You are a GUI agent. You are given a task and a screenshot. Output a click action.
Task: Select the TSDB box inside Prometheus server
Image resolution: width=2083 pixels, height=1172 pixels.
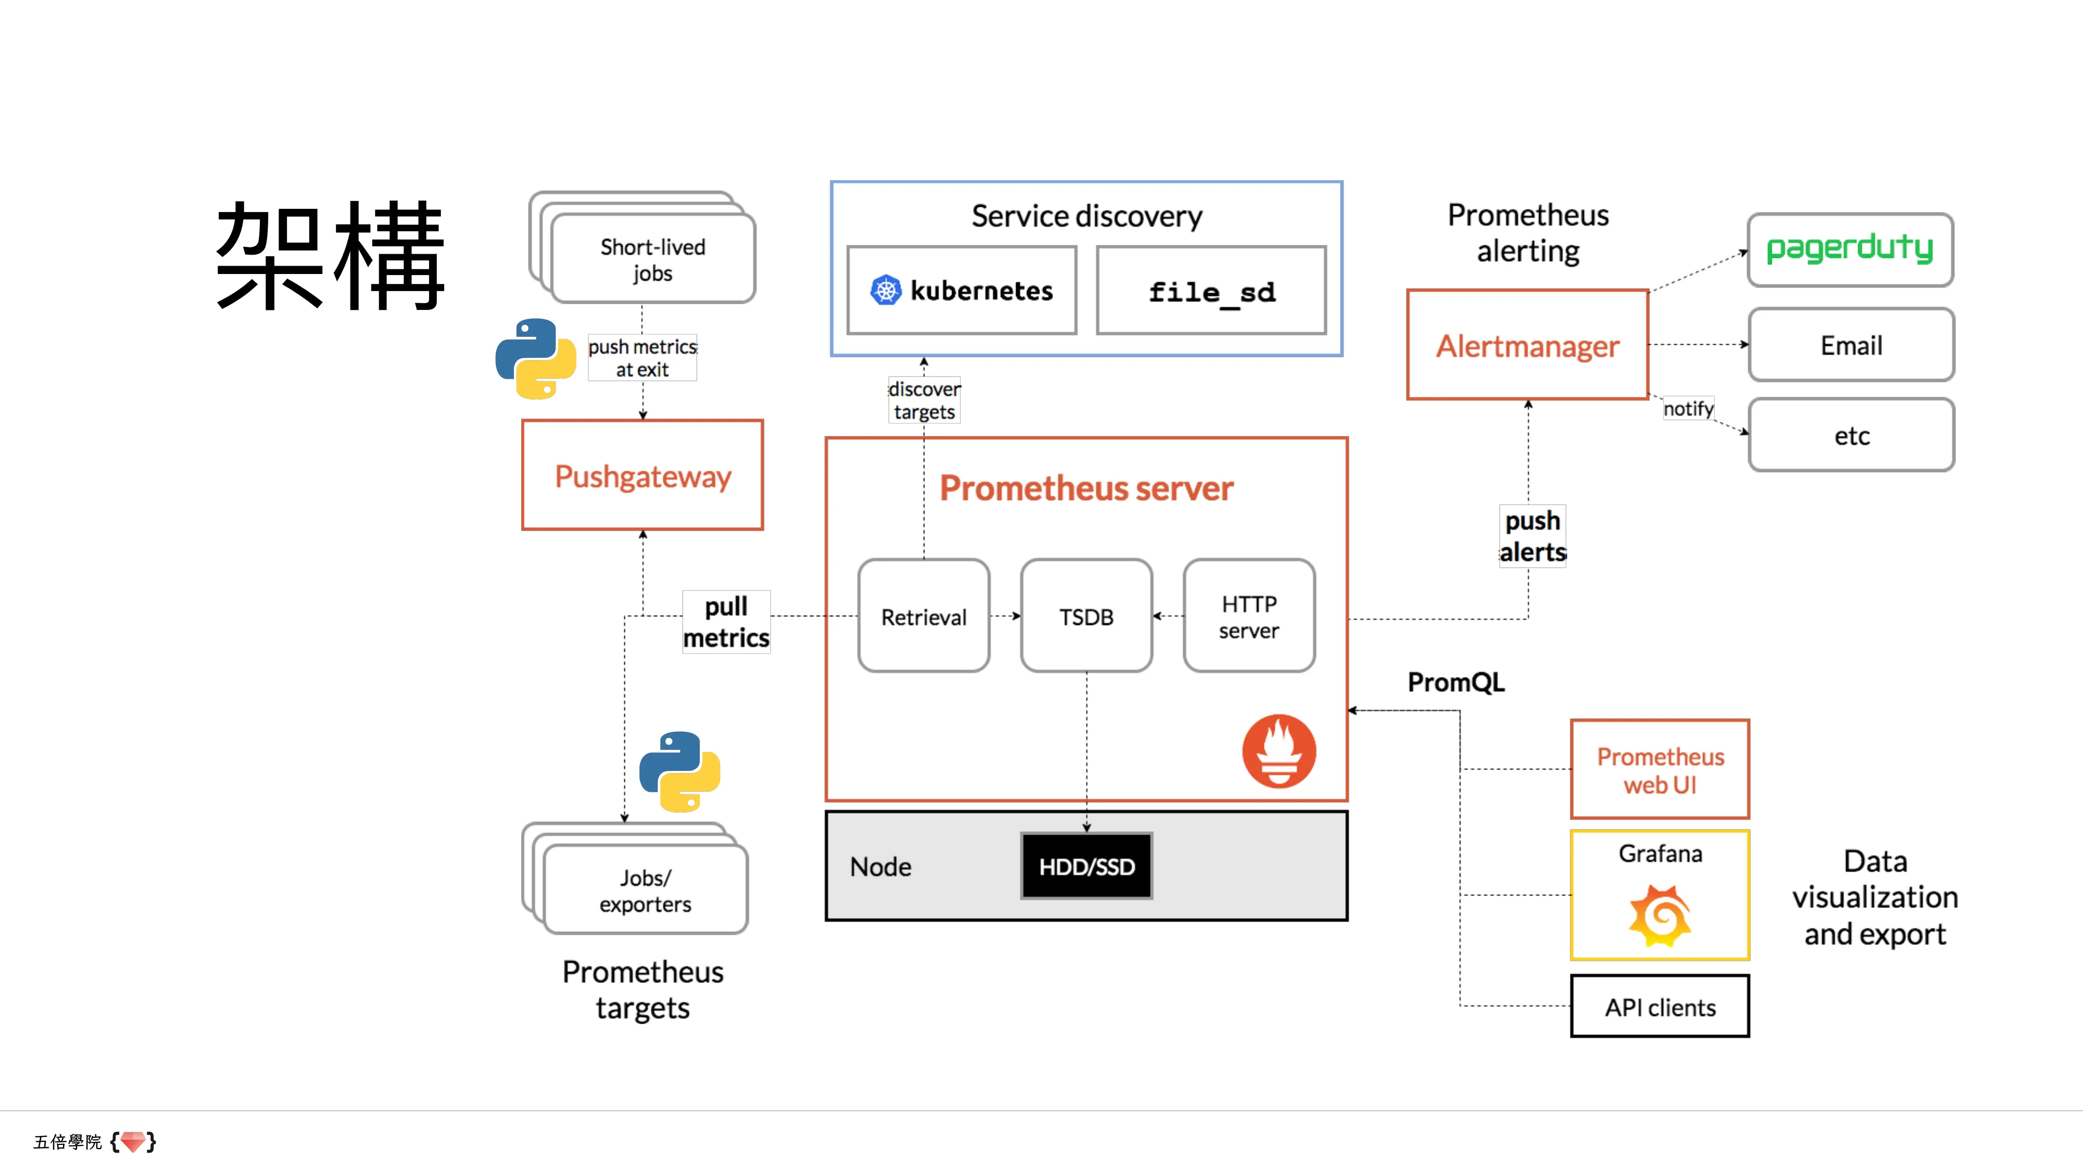click(1086, 616)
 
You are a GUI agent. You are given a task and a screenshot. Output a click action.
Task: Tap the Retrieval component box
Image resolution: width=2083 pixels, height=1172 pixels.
click(923, 616)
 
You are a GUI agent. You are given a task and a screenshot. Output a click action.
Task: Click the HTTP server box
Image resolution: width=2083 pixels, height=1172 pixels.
click(1249, 616)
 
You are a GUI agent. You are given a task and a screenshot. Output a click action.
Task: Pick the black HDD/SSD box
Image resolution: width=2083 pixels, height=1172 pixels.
click(1086, 866)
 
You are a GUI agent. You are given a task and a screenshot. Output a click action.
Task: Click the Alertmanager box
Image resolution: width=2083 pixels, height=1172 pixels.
click(1527, 345)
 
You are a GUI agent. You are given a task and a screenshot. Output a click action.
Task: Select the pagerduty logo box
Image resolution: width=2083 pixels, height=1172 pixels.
click(1850, 249)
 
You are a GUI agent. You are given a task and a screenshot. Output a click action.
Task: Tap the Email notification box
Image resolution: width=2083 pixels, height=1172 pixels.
click(1851, 345)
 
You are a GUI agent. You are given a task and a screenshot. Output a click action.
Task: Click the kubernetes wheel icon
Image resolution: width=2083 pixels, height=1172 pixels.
click(885, 290)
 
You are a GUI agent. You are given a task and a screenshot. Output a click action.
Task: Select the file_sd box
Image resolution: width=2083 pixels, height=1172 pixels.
click(1211, 291)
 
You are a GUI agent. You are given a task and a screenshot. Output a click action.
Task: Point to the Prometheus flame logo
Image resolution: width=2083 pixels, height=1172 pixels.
click(1278, 751)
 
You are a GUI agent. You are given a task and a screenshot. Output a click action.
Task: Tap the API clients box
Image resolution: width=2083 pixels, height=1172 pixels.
click(1659, 1007)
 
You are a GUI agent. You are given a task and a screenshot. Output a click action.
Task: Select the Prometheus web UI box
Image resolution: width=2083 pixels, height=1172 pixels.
click(1659, 770)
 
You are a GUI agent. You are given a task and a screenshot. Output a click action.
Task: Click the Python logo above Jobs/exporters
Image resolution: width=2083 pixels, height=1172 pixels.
click(679, 771)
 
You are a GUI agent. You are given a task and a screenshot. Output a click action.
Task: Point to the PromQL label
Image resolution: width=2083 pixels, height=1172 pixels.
click(1455, 682)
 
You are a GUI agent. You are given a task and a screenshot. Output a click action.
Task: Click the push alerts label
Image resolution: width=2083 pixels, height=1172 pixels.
click(1532, 535)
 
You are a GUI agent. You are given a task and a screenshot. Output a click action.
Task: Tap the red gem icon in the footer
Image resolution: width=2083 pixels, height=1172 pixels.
click(133, 1141)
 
